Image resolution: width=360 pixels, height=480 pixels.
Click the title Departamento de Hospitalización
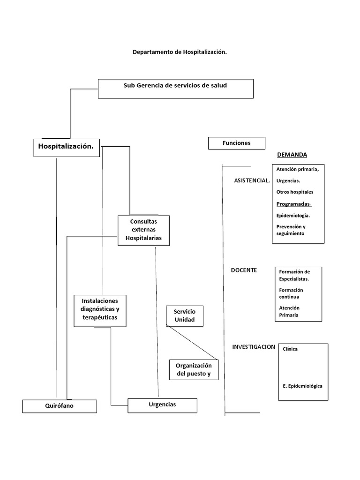click(x=180, y=52)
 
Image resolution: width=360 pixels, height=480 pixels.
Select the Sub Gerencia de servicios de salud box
click(x=175, y=89)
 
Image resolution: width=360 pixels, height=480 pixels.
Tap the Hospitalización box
click(x=66, y=147)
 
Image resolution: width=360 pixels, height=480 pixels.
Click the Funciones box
click(x=236, y=143)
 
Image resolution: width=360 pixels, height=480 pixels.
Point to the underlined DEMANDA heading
click(x=292, y=155)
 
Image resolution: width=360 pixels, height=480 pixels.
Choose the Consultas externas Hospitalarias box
click(x=143, y=230)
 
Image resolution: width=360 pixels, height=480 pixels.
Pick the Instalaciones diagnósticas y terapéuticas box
click(x=100, y=310)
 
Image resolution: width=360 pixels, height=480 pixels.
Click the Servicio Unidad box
click(x=184, y=316)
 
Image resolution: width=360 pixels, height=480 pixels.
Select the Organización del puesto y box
click(x=194, y=370)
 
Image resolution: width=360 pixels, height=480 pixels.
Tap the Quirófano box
click(x=60, y=406)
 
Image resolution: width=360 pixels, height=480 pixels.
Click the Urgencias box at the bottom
click(x=162, y=405)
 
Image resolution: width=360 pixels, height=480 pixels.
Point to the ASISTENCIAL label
click(x=252, y=180)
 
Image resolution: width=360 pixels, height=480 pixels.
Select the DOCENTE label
click(x=244, y=270)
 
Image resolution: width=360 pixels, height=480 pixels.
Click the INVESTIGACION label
click(x=254, y=347)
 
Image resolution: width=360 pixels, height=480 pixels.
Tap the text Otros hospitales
click(x=295, y=192)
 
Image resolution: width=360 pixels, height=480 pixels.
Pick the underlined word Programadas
click(x=293, y=204)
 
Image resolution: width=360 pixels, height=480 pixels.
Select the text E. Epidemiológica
click(x=302, y=386)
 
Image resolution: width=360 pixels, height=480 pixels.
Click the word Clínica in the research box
click(x=290, y=349)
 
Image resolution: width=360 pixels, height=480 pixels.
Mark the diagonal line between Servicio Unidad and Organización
click(x=192, y=342)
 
